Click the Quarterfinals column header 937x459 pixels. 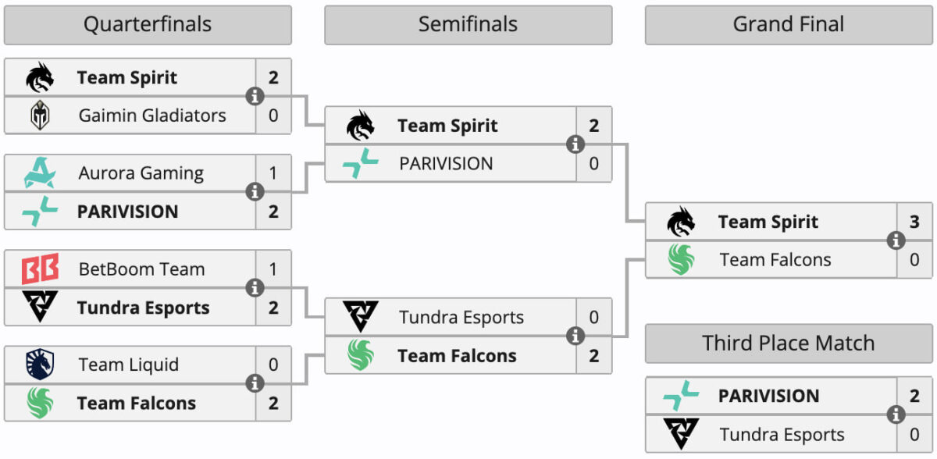point(148,24)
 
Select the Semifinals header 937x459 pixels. point(468,24)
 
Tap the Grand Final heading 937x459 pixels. point(789,24)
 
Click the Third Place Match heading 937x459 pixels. point(789,343)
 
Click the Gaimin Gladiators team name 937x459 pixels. point(152,116)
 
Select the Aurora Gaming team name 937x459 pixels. point(141,173)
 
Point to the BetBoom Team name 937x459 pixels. point(142,269)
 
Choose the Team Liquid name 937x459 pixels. point(128,365)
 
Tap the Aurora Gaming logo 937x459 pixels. point(40,173)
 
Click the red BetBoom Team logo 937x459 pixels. point(40,269)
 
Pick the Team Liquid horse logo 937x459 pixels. point(40,364)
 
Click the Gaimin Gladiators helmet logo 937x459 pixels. point(40,115)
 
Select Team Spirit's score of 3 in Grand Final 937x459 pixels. point(914,222)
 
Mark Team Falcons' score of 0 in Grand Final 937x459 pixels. point(914,260)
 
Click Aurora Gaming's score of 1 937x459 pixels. point(273,173)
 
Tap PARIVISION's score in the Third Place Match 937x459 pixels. point(914,396)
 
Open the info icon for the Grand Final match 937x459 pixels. point(896,240)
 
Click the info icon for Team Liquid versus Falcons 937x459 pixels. point(255,383)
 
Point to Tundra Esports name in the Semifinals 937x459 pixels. point(461,317)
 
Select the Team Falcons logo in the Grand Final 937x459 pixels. point(681,260)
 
